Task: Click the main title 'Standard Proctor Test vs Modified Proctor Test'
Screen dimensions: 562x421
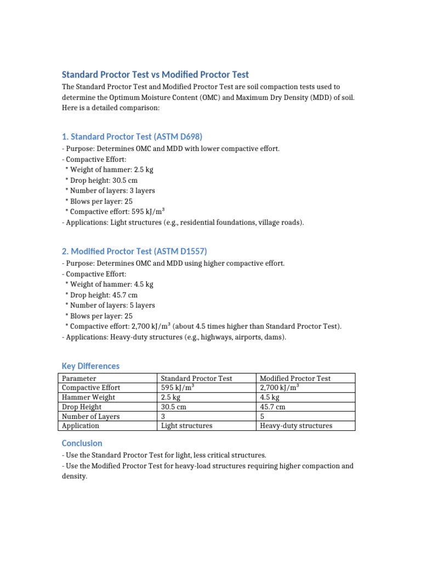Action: [x=155, y=75]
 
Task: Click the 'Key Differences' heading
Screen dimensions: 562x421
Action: [x=90, y=366]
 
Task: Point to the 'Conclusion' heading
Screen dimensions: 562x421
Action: [x=82, y=443]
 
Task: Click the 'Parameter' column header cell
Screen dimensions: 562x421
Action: [x=79, y=378]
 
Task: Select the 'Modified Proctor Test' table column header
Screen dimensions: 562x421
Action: [x=295, y=378]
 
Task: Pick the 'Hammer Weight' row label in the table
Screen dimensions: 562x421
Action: [x=89, y=397]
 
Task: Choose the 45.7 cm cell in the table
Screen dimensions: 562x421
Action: [x=272, y=407]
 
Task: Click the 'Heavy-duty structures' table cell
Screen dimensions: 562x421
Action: [x=296, y=426]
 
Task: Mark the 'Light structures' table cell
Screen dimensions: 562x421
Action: [x=186, y=426]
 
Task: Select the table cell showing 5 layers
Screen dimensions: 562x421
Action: [x=262, y=416]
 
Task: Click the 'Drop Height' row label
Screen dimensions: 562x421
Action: [x=82, y=407]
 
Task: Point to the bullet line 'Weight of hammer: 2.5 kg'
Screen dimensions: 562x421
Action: [x=109, y=170]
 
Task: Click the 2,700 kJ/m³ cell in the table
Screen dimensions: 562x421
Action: [x=278, y=387]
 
